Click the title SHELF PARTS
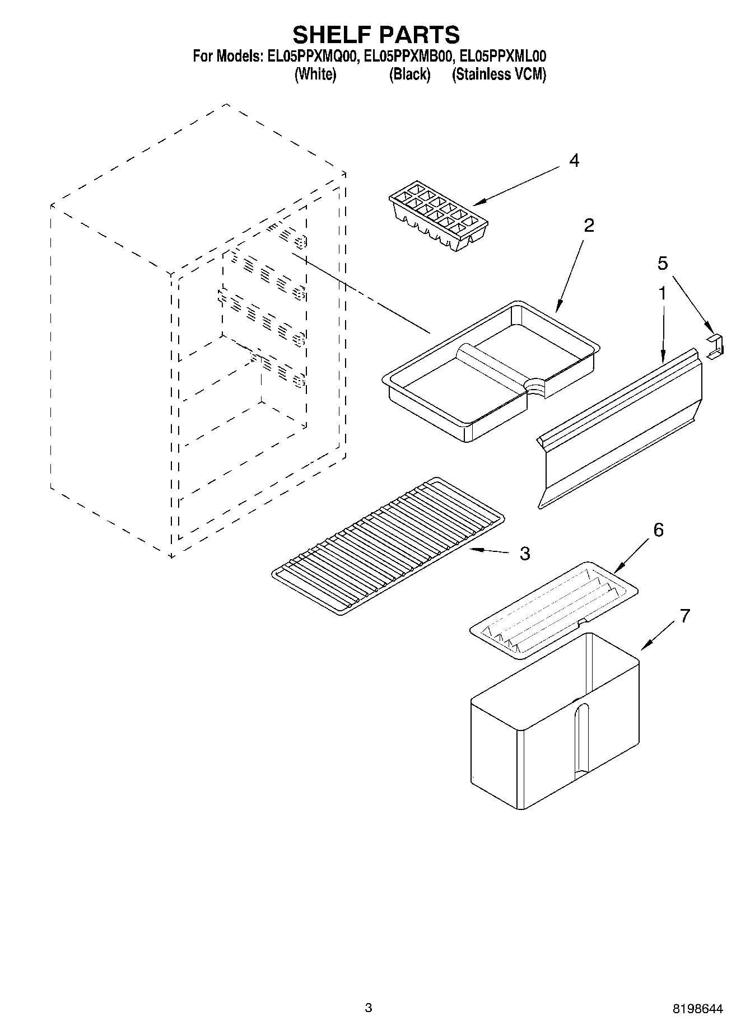[x=376, y=35]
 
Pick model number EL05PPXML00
[x=501, y=57]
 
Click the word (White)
[x=315, y=74]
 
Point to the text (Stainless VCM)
[x=499, y=74]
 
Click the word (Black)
[x=409, y=74]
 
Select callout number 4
[x=574, y=161]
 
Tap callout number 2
[x=588, y=226]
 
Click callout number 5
[x=663, y=263]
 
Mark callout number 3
[x=524, y=554]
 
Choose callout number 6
[x=658, y=530]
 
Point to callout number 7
[x=684, y=616]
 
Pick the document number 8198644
[x=697, y=1008]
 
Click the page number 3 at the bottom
[x=368, y=1008]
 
